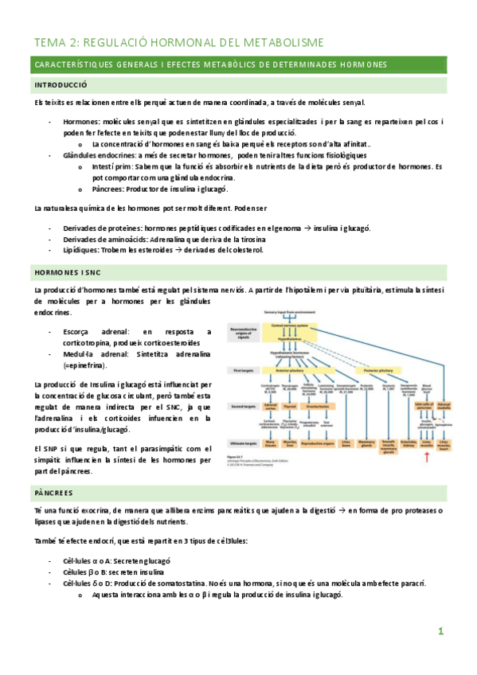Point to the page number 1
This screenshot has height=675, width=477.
coord(440,631)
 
